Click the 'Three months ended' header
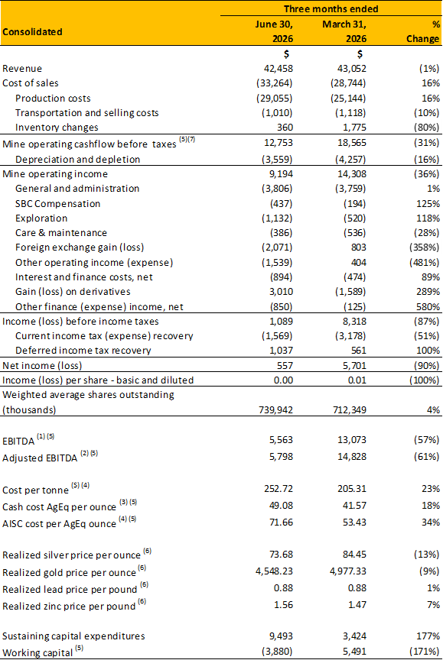(331, 9)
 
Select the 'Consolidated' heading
(32, 31)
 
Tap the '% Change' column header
(423, 31)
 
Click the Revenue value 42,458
(279, 68)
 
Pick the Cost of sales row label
(31, 83)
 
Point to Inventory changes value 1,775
(352, 127)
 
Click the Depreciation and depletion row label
(77, 159)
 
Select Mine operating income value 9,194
(280, 174)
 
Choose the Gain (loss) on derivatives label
(73, 292)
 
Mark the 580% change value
(428, 307)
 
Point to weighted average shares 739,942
(275, 409)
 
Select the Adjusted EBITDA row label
(40, 458)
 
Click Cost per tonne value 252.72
(279, 489)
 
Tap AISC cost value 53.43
(354, 522)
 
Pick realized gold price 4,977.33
(347, 571)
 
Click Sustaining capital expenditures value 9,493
(281, 636)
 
